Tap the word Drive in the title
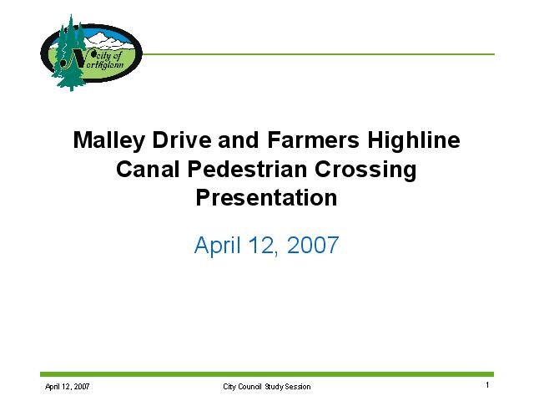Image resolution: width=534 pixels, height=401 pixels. tap(182, 140)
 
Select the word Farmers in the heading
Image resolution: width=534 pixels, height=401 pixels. tap(314, 140)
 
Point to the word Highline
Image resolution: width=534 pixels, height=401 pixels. tap(414, 140)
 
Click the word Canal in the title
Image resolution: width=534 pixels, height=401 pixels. tap(148, 169)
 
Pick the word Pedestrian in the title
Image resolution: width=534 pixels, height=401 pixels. tap(247, 169)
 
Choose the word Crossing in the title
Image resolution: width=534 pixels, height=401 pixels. tap(365, 170)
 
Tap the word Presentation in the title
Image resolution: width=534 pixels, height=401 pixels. tap(266, 198)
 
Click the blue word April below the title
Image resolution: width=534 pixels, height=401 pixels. tap(217, 245)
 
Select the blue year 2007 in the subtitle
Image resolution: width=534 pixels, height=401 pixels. tap(313, 245)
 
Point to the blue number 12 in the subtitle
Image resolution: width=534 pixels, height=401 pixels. tap(263, 246)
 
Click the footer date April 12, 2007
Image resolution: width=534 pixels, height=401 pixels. tap(67, 387)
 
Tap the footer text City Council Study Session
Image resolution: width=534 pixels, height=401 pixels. tap(267, 387)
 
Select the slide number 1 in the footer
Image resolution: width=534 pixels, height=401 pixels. tap(487, 385)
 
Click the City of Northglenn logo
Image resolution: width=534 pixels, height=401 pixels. tap(91, 53)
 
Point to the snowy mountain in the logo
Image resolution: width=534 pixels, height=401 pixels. tap(109, 40)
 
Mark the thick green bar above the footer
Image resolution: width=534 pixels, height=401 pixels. tap(267, 374)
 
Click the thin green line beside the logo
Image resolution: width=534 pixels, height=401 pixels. tap(318, 54)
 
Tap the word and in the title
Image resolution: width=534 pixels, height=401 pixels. tap(239, 140)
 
